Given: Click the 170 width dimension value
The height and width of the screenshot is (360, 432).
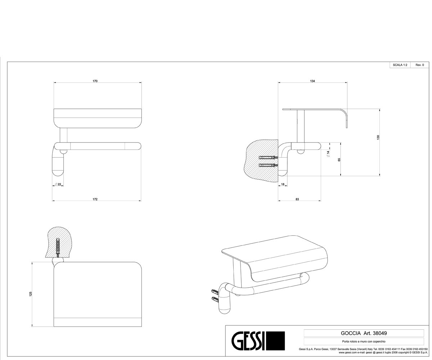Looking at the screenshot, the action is (95, 81).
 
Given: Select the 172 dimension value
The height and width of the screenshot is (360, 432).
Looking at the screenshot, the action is (95, 199).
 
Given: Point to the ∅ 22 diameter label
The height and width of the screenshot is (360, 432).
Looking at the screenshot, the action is (58, 184).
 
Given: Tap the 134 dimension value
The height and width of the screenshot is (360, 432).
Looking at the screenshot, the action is (312, 81).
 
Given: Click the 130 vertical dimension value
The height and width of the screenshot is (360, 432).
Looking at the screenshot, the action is (378, 137).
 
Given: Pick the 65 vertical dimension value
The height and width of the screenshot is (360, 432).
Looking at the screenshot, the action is (339, 159).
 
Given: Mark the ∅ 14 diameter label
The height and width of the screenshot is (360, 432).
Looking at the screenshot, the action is (328, 154).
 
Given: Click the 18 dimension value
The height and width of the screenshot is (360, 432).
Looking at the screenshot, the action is (283, 184).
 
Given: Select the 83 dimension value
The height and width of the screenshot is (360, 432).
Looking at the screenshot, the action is (297, 199).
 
